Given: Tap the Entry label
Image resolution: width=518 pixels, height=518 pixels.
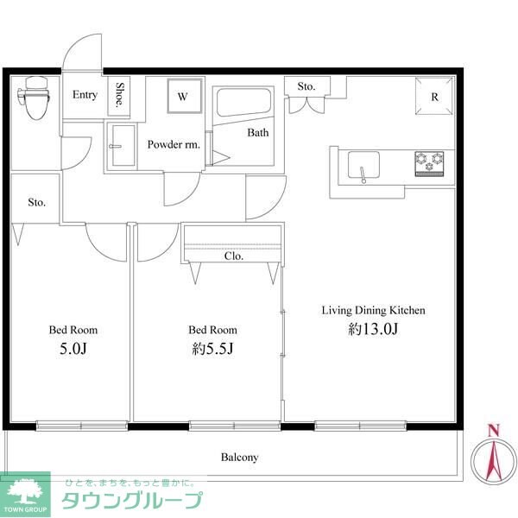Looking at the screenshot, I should [x=85, y=95].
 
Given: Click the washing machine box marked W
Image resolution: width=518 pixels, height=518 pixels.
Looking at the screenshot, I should [x=183, y=97].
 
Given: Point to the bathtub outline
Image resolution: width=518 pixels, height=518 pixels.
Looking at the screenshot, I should [x=243, y=104].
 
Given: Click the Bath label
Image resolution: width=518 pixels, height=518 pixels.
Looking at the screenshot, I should [x=258, y=133].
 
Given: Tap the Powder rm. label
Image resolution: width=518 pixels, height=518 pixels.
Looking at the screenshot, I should [x=174, y=145].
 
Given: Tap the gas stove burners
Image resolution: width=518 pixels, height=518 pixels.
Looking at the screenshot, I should [x=429, y=159].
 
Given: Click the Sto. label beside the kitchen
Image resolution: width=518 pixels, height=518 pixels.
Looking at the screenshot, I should [x=306, y=86].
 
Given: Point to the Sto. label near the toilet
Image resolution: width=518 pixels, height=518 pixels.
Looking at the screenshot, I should [x=35, y=203].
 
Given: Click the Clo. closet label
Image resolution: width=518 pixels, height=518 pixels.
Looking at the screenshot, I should [x=233, y=256].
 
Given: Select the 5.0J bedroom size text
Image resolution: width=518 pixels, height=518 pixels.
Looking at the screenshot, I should [x=73, y=349].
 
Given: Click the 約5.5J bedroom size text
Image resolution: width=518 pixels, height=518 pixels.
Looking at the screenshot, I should [x=212, y=350].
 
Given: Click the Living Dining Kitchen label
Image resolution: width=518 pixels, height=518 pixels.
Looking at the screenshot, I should [x=374, y=310].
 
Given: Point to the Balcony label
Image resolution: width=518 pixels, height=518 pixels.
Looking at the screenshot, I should [x=239, y=458].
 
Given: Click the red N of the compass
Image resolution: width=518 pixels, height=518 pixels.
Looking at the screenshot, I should [x=493, y=430].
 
